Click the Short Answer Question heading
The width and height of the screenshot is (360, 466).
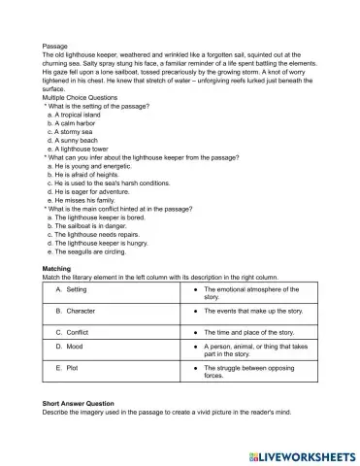point(92,403)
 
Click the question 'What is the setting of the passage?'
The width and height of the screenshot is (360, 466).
point(105,106)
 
